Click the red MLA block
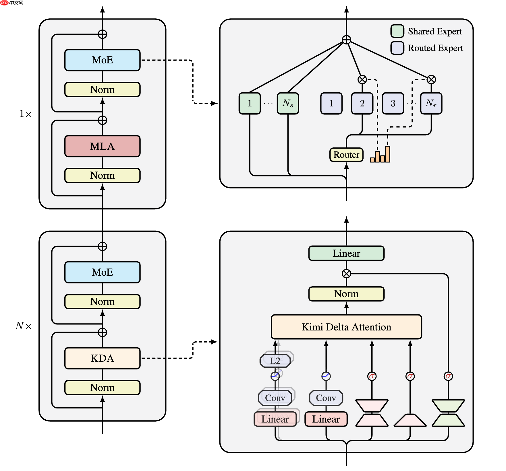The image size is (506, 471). tap(102, 146)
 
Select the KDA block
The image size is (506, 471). tap(102, 358)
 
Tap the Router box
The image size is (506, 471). tap(346, 155)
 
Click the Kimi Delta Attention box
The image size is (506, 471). tap(346, 327)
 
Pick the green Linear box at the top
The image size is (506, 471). tap(346, 253)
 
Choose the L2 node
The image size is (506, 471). tap(275, 361)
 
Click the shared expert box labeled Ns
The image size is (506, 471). tap(288, 103)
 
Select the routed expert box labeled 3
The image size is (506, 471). tap(393, 103)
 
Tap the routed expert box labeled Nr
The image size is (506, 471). tap(431, 103)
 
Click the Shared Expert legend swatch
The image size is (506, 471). tap(397, 31)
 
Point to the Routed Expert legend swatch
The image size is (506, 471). tap(397, 48)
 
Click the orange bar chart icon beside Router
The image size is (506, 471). tap(380, 155)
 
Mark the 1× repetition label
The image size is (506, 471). tap(25, 114)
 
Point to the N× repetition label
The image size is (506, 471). tap(24, 326)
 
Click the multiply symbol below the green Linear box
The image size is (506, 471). tap(346, 274)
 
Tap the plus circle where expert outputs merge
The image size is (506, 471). tap(346, 40)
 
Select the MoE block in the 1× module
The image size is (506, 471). tap(102, 60)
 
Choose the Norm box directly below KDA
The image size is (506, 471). tap(102, 388)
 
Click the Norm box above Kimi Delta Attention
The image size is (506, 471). tap(346, 294)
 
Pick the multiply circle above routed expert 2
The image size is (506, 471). tap(362, 79)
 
